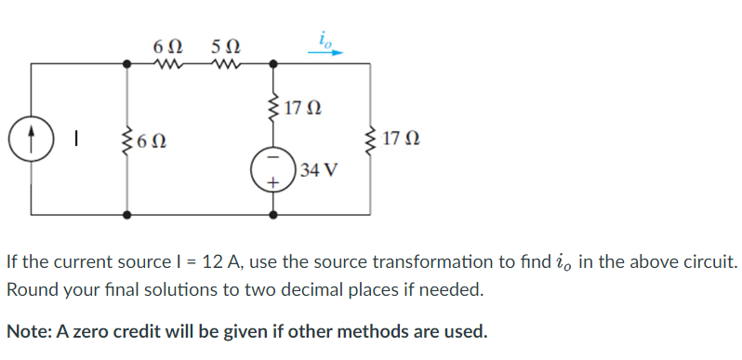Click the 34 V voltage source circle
(272, 171)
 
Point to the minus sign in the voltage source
(272, 159)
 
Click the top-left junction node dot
(127, 64)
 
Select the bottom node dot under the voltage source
(272, 214)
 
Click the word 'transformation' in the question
(439, 262)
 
